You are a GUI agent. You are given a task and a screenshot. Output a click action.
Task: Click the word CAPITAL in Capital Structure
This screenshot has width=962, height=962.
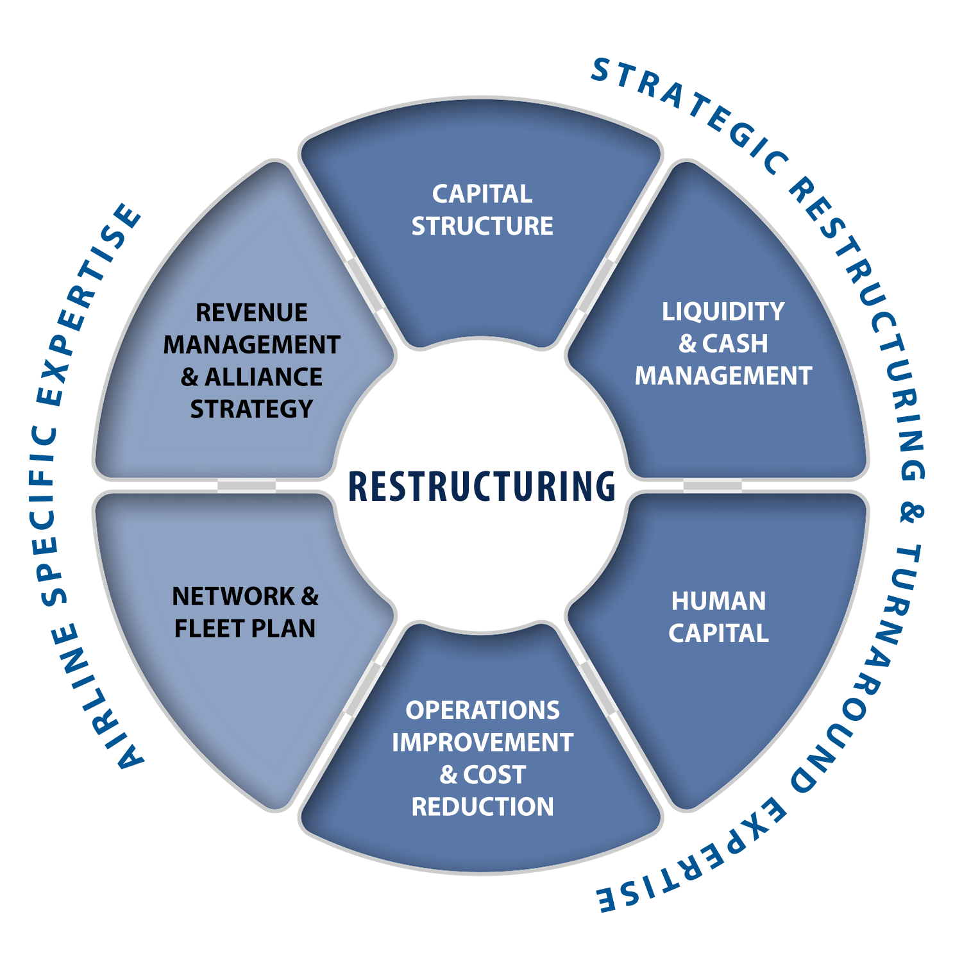point(482,194)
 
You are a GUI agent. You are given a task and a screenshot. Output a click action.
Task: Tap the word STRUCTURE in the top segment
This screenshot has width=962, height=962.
point(482,226)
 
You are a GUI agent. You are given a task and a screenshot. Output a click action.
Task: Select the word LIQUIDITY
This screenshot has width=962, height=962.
point(723,312)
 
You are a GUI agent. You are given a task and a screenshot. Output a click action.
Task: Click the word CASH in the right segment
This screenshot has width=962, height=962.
point(735,344)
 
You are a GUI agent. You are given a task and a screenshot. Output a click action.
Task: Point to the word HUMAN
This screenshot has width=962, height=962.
point(718,602)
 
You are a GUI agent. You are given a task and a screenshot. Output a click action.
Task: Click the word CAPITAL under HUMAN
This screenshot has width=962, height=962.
point(718,634)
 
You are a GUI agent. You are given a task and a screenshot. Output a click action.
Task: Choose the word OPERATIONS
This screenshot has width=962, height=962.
point(482,711)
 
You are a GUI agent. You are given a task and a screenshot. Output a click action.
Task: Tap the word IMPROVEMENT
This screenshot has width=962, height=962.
point(482,743)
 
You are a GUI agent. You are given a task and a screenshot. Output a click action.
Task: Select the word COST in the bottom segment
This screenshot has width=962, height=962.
point(494,775)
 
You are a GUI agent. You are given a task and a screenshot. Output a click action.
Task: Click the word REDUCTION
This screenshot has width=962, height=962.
point(482,807)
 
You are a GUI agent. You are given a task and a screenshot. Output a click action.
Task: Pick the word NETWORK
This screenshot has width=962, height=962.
point(233,596)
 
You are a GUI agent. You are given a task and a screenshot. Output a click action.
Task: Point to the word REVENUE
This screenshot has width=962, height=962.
point(251,313)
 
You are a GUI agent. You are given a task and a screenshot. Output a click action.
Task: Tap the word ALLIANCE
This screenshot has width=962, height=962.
point(264,377)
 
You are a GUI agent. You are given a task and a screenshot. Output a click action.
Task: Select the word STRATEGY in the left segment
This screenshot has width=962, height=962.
point(251,409)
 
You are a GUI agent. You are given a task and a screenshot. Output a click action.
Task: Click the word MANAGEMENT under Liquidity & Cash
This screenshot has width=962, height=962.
point(723,376)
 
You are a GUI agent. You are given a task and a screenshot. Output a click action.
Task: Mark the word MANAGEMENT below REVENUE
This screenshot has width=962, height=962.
point(251,345)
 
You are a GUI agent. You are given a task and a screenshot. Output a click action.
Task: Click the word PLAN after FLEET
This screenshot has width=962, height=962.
point(283,629)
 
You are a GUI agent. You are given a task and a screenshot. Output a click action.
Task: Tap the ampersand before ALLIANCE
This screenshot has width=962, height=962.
point(189,377)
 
